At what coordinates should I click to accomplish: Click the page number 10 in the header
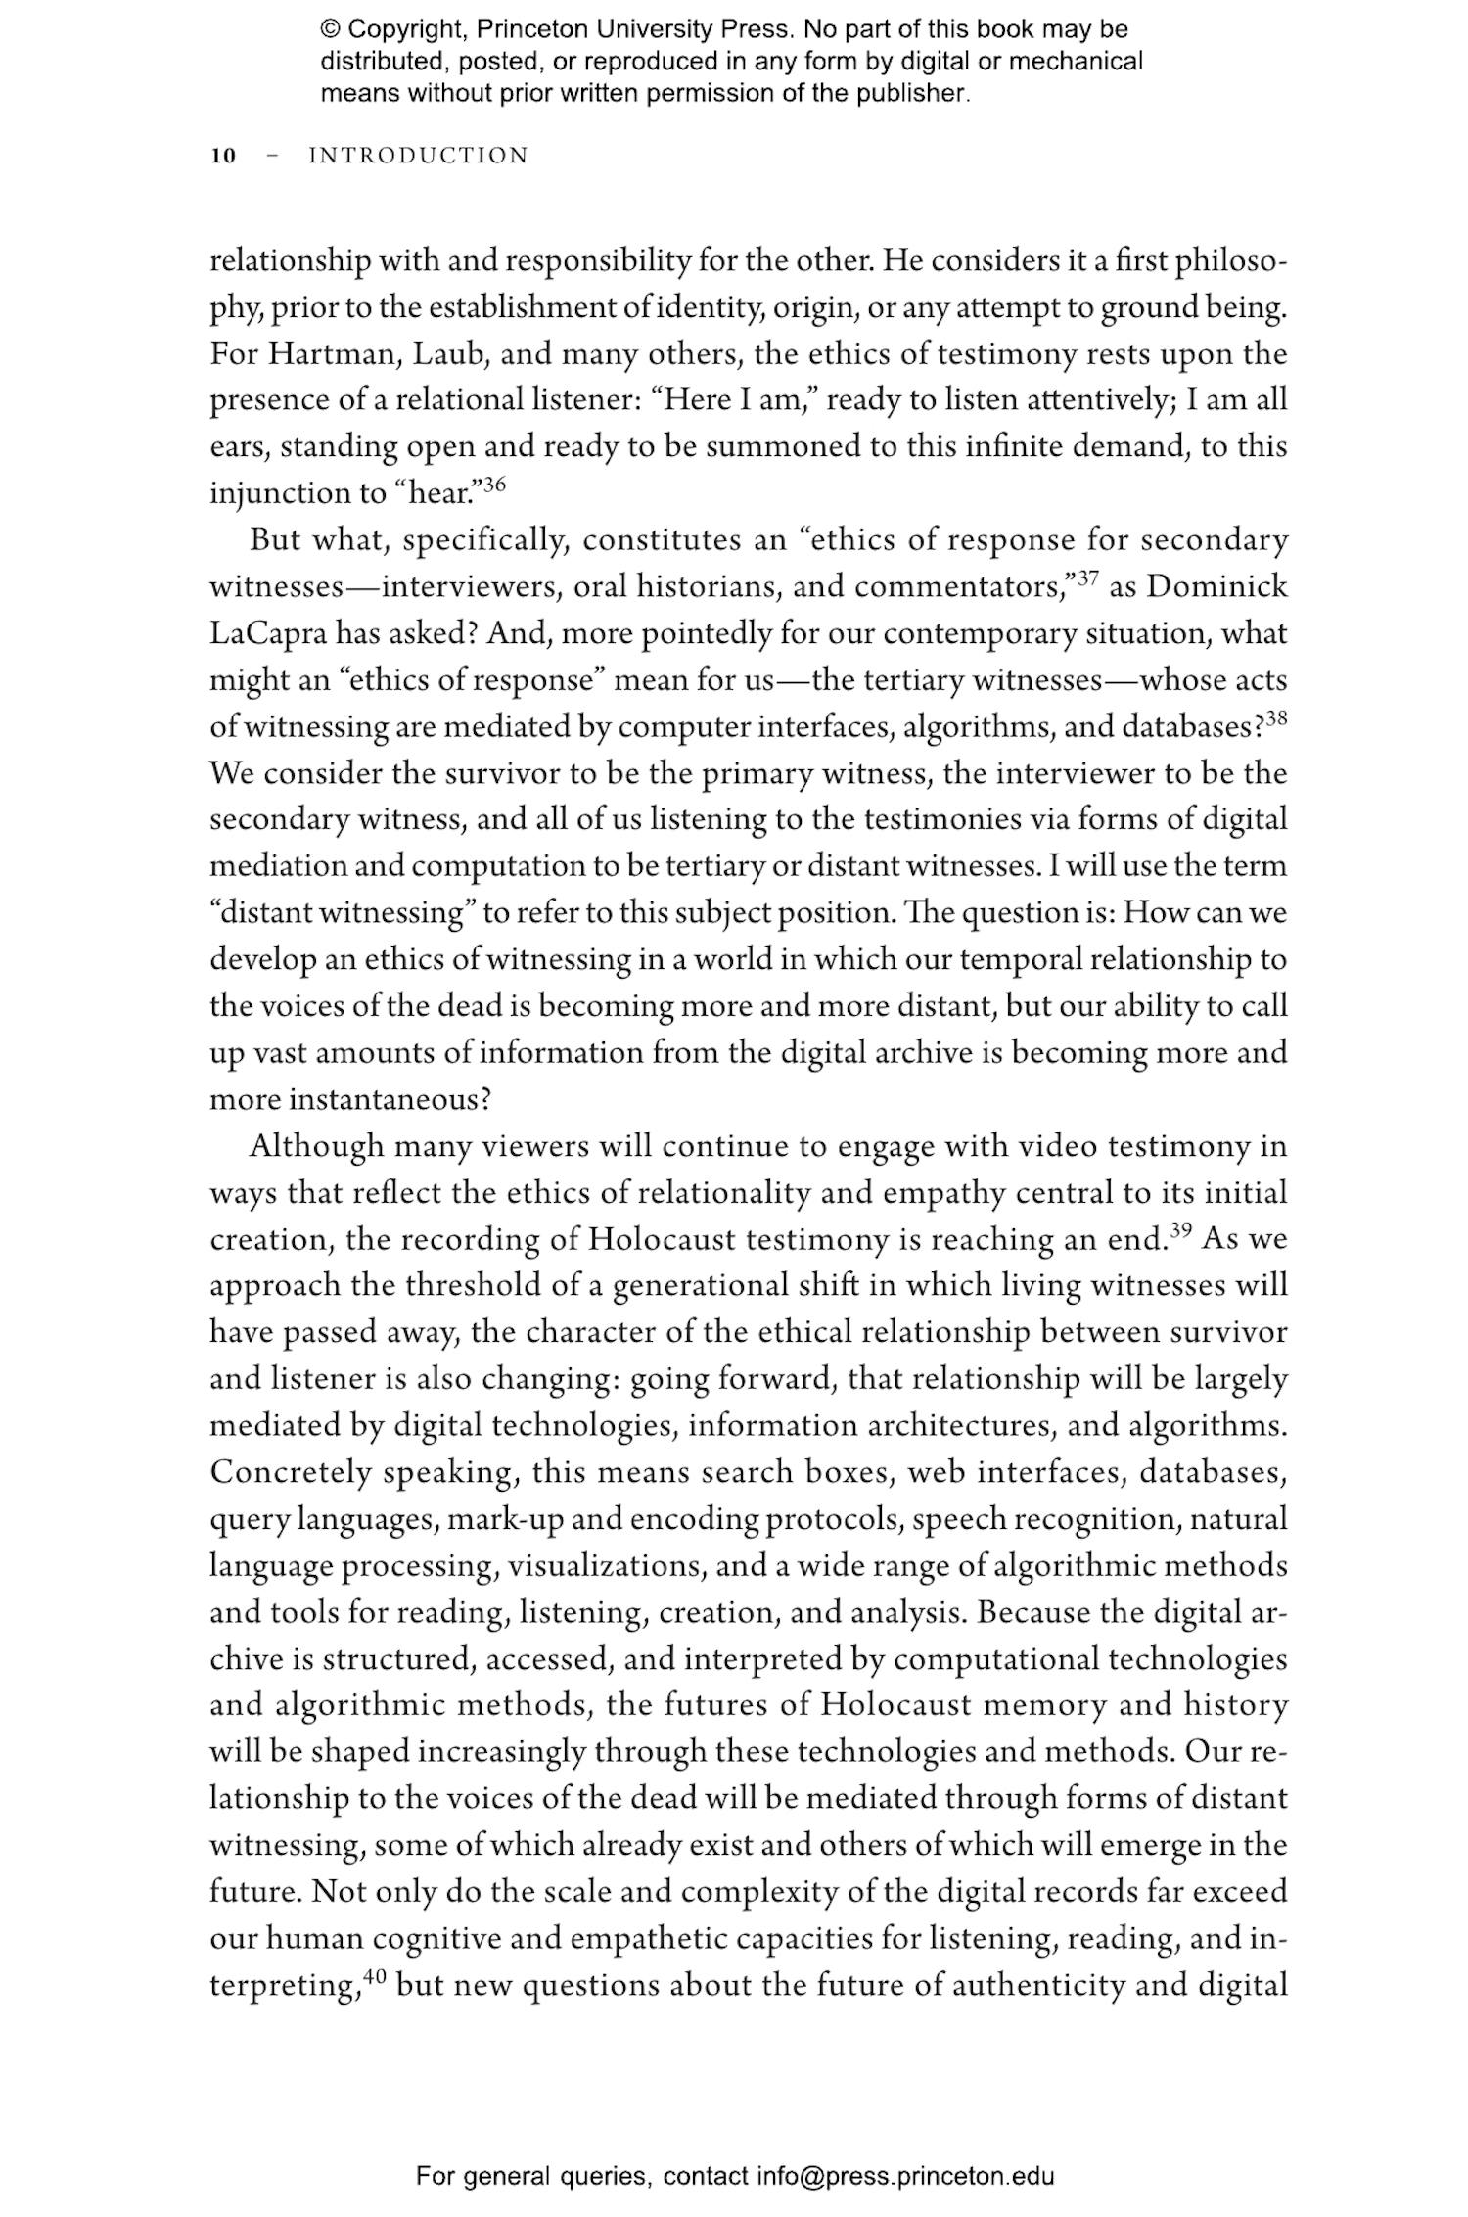coord(223,156)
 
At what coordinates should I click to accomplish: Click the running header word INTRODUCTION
coord(418,156)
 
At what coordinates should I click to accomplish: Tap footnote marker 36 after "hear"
coord(494,484)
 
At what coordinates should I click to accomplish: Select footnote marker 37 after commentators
coord(1087,577)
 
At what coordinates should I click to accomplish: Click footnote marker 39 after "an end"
coord(1182,1230)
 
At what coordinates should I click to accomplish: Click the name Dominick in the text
coord(1216,587)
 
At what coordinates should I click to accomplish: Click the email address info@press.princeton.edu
coord(905,2176)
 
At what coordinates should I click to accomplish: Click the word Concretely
coord(291,1472)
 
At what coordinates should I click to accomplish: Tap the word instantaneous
coord(389,1100)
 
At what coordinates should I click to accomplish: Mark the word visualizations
coord(606,1566)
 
